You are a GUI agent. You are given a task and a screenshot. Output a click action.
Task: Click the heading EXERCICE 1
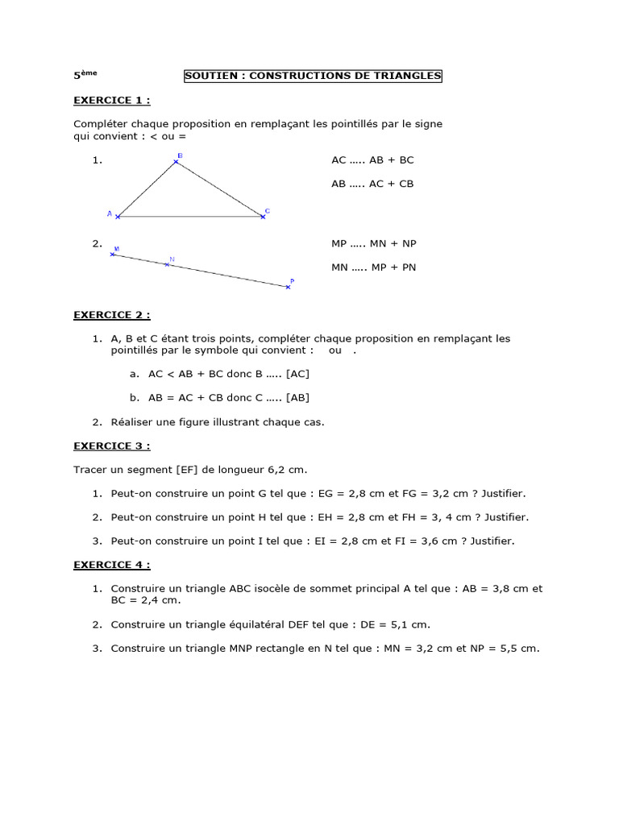tap(111, 100)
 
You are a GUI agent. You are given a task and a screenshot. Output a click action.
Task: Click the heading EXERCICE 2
tap(111, 314)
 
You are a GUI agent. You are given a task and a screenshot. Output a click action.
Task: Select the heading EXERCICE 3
tap(111, 446)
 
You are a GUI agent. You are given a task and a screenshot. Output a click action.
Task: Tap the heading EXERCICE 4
tap(111, 565)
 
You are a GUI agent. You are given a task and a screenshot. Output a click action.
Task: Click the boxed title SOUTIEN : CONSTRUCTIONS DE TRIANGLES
tap(314, 76)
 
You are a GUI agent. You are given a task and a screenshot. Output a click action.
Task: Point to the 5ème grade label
tap(85, 75)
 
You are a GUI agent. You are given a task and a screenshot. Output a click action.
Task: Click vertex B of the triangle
tap(177, 162)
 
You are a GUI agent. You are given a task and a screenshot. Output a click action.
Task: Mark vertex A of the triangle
tap(118, 216)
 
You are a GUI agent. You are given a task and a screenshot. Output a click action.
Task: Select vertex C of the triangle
tap(263, 216)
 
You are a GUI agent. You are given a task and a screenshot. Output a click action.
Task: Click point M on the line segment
tap(113, 254)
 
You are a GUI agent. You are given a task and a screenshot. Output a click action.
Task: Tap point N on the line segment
tap(167, 263)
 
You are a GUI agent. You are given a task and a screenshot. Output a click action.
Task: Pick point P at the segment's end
tap(288, 286)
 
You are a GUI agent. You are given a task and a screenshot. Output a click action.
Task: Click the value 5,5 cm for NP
tap(520, 648)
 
